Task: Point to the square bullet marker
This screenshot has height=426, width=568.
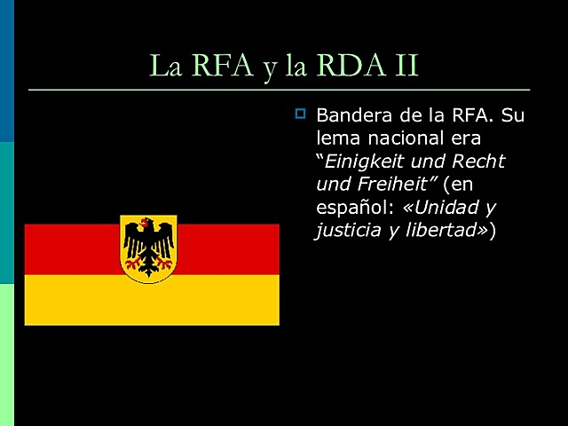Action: tap(300, 114)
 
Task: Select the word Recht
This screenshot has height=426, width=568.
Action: tap(477, 162)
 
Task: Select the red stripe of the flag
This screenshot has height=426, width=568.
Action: tap(71, 248)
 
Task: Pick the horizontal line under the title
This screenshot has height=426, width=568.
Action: tap(279, 90)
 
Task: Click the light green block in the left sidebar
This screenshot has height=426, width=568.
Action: tap(7, 355)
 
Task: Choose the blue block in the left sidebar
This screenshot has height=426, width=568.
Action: tap(7, 71)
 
